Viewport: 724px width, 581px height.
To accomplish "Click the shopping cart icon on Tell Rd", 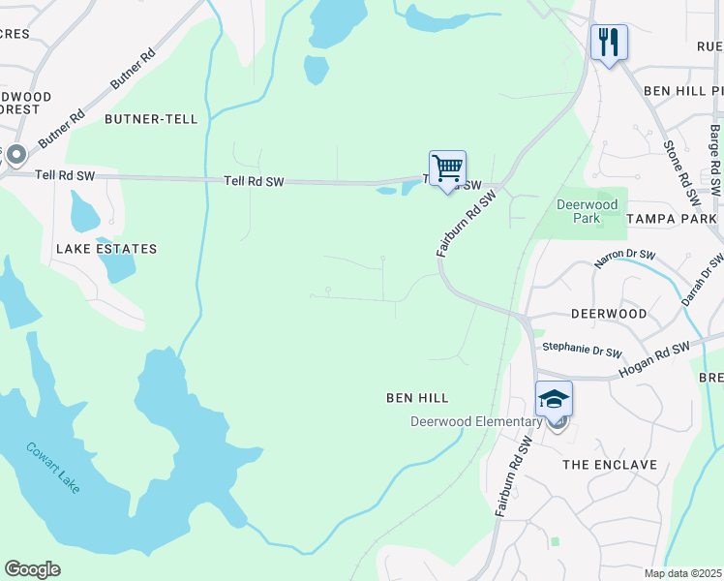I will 447,168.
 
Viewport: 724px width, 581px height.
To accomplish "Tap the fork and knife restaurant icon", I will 609,43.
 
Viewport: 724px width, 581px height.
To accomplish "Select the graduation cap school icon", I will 554,399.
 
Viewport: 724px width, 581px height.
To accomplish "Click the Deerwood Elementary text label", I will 475,421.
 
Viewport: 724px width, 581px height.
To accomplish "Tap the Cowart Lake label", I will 53,468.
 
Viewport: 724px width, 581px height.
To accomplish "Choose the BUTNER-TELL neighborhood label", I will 151,119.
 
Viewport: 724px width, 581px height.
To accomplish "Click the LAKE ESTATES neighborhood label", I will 106,249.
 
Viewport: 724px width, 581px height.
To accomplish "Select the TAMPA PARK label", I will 672,219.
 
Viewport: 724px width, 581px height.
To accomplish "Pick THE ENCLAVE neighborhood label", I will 611,465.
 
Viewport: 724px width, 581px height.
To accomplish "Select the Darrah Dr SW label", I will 702,280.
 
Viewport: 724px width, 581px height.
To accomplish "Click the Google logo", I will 32,569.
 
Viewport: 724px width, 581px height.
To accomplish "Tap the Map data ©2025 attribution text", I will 682,573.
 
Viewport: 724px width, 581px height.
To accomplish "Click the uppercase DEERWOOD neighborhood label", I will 609,315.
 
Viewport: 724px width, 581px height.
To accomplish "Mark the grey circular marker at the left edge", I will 14,156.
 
